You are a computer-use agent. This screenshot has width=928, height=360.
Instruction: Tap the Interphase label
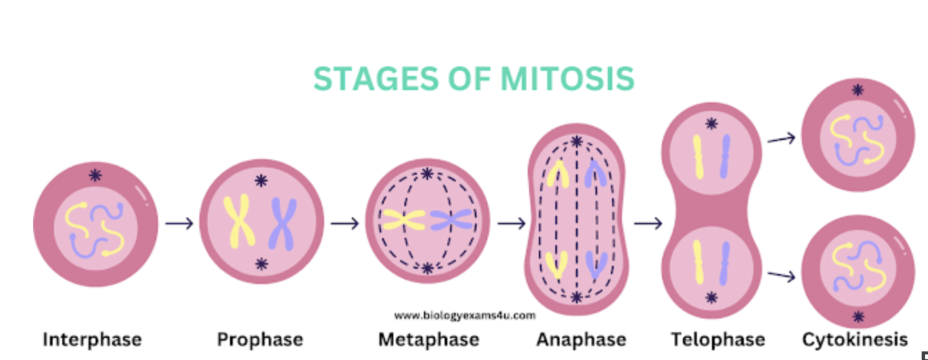pyautogui.click(x=92, y=340)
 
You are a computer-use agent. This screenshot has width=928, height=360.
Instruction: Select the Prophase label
pyautogui.click(x=260, y=340)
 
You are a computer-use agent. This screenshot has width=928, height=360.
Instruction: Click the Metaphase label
pyautogui.click(x=429, y=340)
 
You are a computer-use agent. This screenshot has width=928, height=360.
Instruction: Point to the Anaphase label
pyautogui.click(x=581, y=340)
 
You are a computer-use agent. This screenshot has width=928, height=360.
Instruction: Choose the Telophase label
pyautogui.click(x=718, y=340)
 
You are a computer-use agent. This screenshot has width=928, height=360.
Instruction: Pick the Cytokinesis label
pyautogui.click(x=855, y=340)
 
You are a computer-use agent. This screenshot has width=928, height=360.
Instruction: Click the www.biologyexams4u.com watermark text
pyautogui.click(x=465, y=316)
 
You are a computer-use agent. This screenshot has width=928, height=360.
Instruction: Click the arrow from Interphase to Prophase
pyautogui.click(x=179, y=224)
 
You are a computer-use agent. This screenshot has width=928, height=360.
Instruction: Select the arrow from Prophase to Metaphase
pyautogui.click(x=345, y=224)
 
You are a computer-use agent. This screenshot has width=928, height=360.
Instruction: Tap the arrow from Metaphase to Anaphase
pyautogui.click(x=512, y=224)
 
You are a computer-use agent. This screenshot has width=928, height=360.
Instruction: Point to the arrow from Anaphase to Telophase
pyautogui.click(x=648, y=224)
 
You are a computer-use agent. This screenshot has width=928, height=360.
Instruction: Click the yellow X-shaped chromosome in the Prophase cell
pyautogui.click(x=238, y=222)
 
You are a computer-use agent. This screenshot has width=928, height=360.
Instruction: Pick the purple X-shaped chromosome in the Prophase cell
pyautogui.click(x=282, y=223)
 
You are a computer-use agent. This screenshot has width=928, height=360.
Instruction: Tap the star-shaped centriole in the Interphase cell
pyautogui.click(x=96, y=175)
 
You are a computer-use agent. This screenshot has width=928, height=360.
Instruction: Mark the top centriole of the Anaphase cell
pyautogui.click(x=576, y=142)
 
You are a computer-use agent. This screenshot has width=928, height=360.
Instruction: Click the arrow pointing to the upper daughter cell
pyautogui.click(x=781, y=139)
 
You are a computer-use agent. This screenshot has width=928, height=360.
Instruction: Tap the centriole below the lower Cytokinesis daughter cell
pyautogui.click(x=858, y=316)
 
